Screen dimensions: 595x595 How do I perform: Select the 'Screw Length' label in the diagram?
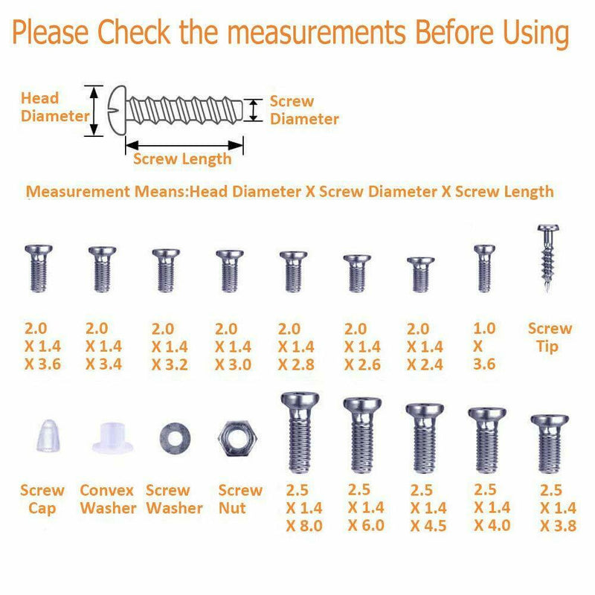[182, 159]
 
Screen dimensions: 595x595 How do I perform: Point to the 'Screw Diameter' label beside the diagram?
[303, 110]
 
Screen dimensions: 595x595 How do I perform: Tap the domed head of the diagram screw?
[118, 111]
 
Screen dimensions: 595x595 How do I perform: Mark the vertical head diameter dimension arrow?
[94, 111]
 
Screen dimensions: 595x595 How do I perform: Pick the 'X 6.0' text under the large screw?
[366, 526]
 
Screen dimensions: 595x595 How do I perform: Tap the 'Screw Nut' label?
[240, 500]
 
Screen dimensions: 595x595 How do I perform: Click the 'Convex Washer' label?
[108, 500]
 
